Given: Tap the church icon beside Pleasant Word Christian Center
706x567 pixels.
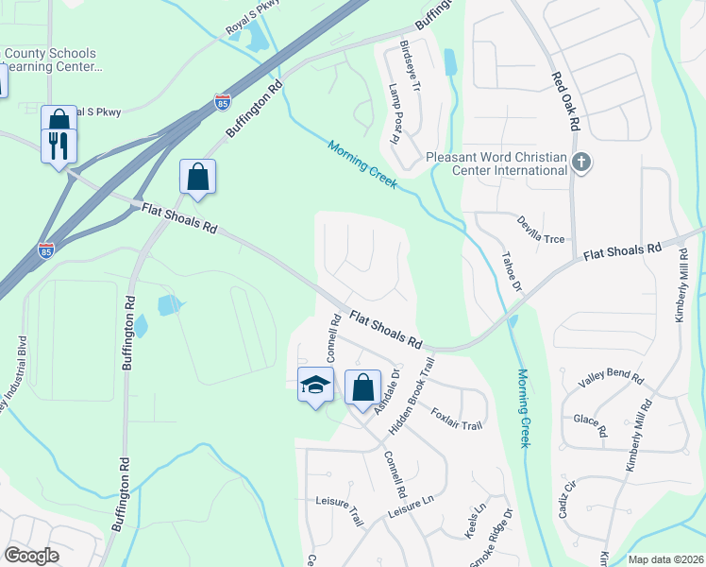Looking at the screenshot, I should coord(581,163).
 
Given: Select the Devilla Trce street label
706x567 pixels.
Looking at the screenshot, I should coord(540,230).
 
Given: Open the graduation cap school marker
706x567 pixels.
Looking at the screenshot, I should coord(316,385).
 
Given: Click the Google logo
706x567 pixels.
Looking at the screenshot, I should coord(31,556).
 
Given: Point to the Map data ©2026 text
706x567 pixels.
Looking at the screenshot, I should coord(665,559).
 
